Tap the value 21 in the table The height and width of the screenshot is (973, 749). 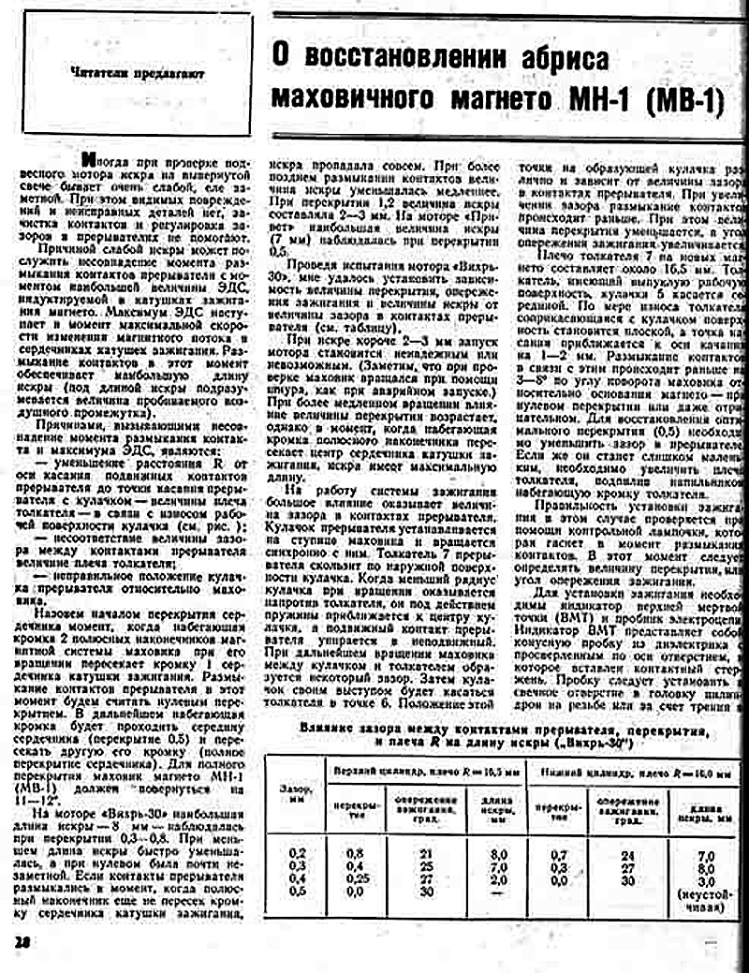tap(427, 854)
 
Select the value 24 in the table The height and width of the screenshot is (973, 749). tap(628, 855)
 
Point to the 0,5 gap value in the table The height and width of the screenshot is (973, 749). tap(297, 890)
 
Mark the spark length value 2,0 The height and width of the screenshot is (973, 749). tap(498, 877)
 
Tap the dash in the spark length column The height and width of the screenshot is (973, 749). tap(498, 890)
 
